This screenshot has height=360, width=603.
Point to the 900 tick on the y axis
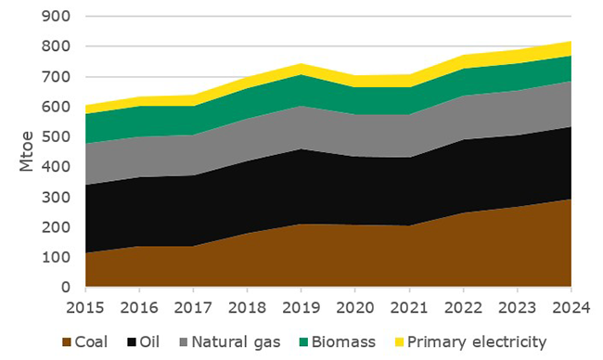point(58,17)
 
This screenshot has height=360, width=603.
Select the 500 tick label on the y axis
point(58,137)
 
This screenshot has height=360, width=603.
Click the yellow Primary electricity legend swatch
point(399,341)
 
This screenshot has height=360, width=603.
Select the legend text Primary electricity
point(477,341)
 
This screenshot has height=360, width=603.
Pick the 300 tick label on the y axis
point(58,198)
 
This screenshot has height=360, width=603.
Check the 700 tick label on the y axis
point(58,77)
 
